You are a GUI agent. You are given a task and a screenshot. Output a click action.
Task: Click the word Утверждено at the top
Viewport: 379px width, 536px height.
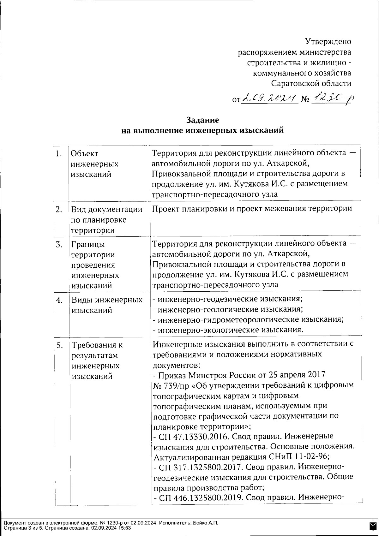tap(328, 41)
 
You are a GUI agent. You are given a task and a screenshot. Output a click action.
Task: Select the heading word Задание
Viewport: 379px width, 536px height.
tap(202, 120)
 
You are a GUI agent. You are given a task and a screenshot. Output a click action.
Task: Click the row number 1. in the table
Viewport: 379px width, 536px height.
tap(58, 154)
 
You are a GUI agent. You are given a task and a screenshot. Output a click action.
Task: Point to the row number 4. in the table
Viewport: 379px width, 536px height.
tap(59, 300)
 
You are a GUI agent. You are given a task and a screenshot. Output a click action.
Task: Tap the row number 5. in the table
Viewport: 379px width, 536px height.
tap(59, 345)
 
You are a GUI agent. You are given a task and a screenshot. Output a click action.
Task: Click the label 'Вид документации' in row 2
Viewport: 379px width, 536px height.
tap(107, 209)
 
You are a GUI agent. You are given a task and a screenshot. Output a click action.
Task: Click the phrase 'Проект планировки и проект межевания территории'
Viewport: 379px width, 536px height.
tap(252, 209)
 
